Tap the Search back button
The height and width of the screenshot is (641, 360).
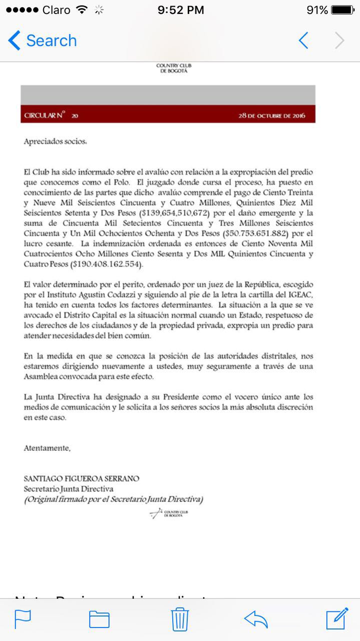pyautogui.click(x=43, y=41)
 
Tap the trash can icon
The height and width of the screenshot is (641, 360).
pyautogui.click(x=180, y=619)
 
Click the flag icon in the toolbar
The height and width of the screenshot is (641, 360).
pyautogui.click(x=23, y=619)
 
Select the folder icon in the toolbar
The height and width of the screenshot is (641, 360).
pyautogui.click(x=99, y=619)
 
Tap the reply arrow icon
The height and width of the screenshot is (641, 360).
pyautogui.click(x=256, y=619)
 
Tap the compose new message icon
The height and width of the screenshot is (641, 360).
pyautogui.click(x=337, y=619)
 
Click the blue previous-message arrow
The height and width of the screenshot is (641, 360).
pyautogui.click(x=303, y=41)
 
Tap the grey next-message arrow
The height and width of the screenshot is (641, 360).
pyautogui.click(x=340, y=41)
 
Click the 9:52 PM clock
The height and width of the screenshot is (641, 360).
pyautogui.click(x=181, y=10)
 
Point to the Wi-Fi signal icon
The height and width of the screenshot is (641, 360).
pyautogui.click(x=81, y=10)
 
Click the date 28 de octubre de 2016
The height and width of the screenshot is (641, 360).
pyautogui.click(x=272, y=116)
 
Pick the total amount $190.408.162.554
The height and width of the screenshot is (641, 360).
pyautogui.click(x=107, y=263)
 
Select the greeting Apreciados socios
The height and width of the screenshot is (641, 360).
pyautogui.click(x=55, y=142)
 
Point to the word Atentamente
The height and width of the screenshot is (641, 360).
pyautogui.click(x=47, y=448)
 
